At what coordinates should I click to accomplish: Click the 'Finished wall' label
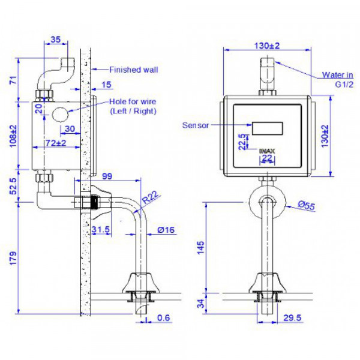click(134, 70)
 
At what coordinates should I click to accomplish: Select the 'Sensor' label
click(195, 125)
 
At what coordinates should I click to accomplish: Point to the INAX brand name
click(267, 151)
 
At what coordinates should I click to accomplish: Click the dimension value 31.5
click(101, 230)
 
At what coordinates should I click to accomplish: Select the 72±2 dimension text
click(56, 143)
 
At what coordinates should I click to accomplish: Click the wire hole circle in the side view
click(61, 114)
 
